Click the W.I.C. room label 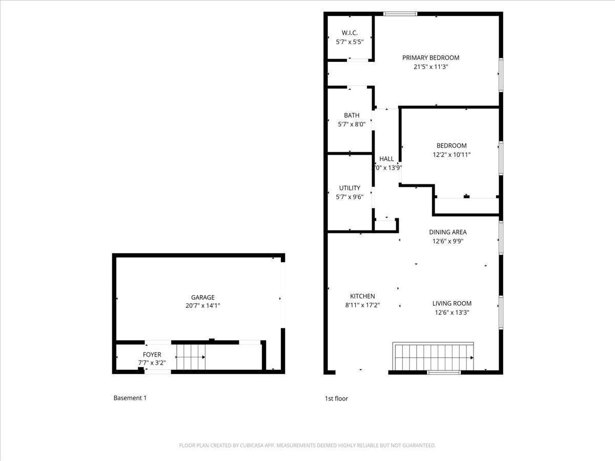[350, 33]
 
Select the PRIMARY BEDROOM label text [430, 58]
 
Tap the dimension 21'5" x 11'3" [430, 67]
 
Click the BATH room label [352, 115]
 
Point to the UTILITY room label [350, 188]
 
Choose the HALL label [386, 159]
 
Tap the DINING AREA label [447, 232]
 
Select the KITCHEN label [362, 296]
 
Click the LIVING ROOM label [452, 303]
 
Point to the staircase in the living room [433, 356]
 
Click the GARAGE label [203, 297]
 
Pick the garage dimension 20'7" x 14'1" [203, 306]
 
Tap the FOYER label [152, 354]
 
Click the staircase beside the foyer [191, 357]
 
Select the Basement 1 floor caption [130, 397]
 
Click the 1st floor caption [336, 398]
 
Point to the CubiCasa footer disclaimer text [307, 446]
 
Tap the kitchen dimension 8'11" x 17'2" [362, 305]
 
